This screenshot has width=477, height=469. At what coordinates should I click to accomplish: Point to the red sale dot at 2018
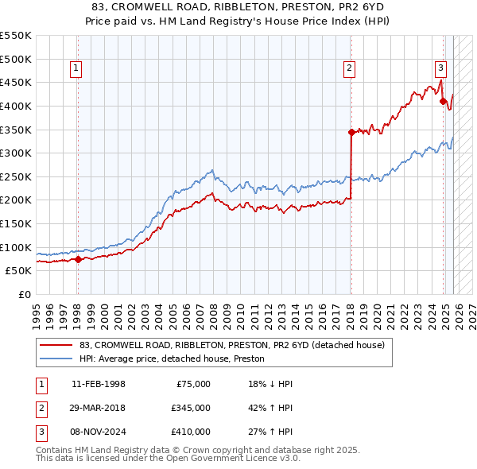point(351,132)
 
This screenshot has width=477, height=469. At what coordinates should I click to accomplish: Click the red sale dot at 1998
point(78,258)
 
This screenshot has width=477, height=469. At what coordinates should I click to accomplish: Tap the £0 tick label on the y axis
point(24,294)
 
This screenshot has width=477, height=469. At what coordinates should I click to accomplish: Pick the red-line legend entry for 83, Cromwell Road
point(231,345)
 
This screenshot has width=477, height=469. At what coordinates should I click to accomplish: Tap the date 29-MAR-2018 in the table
point(99,408)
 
